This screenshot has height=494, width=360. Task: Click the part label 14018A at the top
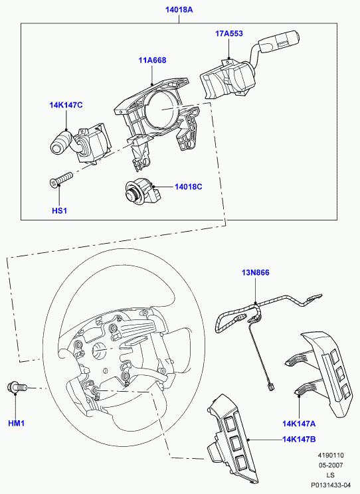coord(179,10)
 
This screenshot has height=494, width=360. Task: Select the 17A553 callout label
coord(229,33)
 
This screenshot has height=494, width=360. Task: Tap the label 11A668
coord(152,60)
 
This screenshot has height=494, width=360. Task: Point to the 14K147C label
coord(66,105)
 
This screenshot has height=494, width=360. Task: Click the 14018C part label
coord(189,187)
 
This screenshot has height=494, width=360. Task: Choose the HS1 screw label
coord(59,210)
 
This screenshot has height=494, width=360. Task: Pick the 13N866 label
coord(255,272)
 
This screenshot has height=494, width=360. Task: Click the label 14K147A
coord(299,424)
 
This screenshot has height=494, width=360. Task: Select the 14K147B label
coord(299,439)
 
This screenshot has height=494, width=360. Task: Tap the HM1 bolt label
coord(16,424)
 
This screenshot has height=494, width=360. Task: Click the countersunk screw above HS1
coord(62,179)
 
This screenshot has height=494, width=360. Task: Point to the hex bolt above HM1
coord(17,387)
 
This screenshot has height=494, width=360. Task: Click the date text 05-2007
coord(331,465)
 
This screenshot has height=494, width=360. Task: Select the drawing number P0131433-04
coord(331,485)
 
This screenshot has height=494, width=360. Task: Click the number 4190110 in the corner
coord(331,455)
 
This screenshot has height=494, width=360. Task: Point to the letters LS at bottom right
coord(331,475)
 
